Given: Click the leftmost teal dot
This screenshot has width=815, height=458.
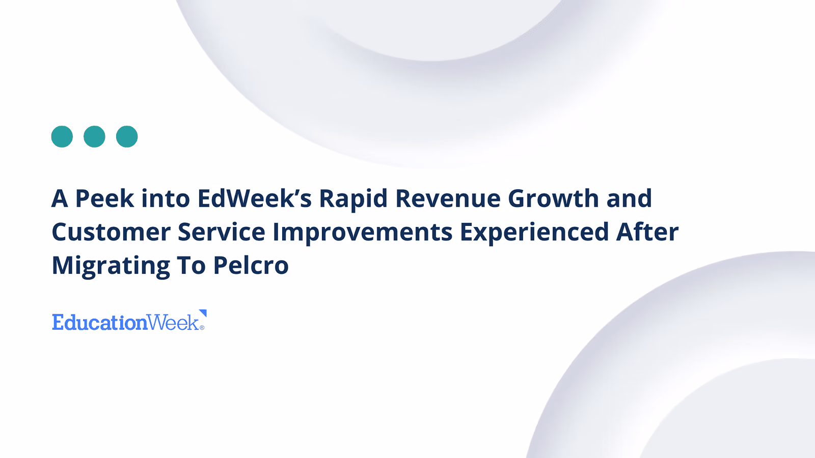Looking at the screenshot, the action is [x=62, y=137].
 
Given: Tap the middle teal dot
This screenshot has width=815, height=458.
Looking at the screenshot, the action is [x=94, y=137].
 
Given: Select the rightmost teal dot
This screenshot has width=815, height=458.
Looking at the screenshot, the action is [x=127, y=137].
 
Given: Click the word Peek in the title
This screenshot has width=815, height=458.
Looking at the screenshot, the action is [x=105, y=198].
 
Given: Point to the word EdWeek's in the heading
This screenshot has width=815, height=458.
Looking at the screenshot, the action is [x=255, y=198].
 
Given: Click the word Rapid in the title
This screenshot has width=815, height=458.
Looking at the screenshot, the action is [x=354, y=199].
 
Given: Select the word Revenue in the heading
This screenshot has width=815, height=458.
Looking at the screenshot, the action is [x=448, y=198].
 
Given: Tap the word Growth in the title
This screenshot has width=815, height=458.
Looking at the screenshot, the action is [x=553, y=198].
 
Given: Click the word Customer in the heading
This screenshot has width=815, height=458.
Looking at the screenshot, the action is [x=111, y=232].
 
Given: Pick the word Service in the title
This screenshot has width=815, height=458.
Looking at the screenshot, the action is [x=222, y=232].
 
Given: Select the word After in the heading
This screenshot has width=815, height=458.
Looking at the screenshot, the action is [x=647, y=232].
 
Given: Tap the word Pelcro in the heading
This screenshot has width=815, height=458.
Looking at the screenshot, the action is [x=251, y=265].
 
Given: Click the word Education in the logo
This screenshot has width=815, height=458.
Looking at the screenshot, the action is [x=100, y=323].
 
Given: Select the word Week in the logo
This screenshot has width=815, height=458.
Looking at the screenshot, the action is [x=174, y=323].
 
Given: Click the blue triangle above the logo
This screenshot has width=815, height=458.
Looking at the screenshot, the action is [x=204, y=312].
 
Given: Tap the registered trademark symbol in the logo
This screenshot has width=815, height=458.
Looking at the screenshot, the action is [x=202, y=328].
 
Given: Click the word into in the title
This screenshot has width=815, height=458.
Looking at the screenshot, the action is [x=166, y=198].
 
